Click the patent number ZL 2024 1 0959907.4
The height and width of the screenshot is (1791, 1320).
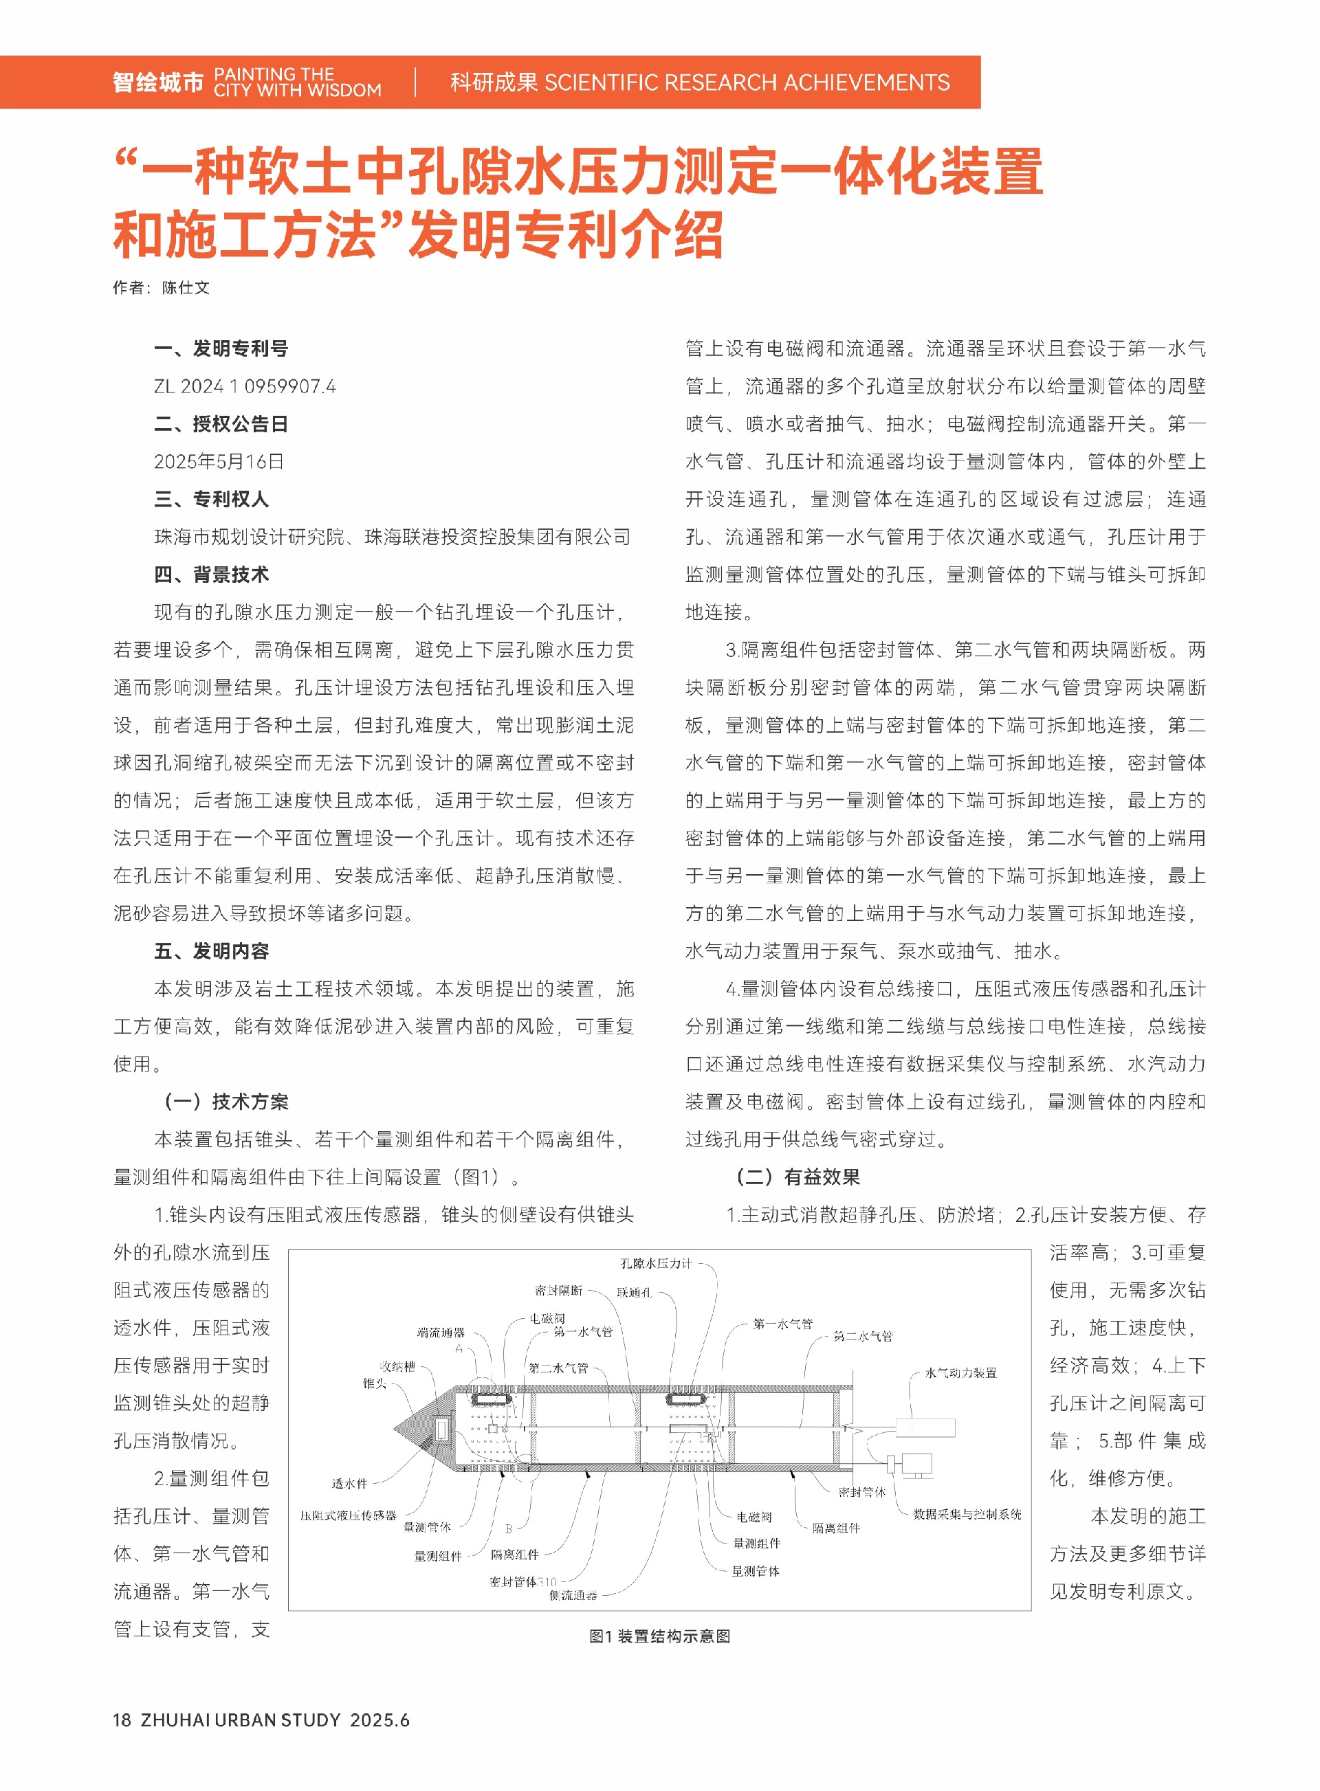coord(245,387)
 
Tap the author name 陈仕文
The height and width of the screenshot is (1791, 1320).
coord(186,287)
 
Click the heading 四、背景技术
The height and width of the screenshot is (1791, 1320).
coord(212,575)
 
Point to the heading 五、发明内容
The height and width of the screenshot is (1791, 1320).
coord(212,950)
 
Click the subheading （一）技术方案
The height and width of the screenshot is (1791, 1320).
coord(225,1102)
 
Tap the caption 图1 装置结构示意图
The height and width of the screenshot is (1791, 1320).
coord(659,1636)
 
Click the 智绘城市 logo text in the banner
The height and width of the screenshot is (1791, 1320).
coord(158,82)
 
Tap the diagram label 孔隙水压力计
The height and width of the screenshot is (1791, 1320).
coord(656,1263)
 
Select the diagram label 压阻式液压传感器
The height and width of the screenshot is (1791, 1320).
coord(349,1515)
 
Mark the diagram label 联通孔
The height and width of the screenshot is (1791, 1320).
coord(634,1292)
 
